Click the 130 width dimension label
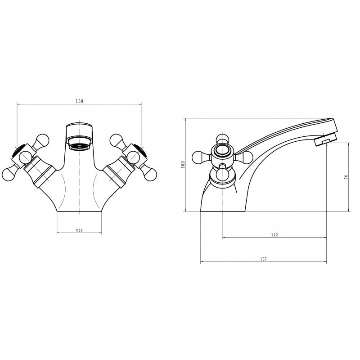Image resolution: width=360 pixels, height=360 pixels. point(79,101)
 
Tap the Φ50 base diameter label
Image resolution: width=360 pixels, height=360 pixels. point(79,230)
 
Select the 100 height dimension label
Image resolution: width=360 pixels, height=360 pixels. point(183,165)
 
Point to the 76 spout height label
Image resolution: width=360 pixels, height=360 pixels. point(346,177)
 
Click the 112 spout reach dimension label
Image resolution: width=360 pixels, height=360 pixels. point(274,234)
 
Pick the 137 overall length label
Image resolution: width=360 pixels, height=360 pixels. point(264,259)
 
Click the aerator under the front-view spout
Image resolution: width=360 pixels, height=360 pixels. point(80,143)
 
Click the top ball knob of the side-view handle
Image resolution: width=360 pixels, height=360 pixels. point(222,139)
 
